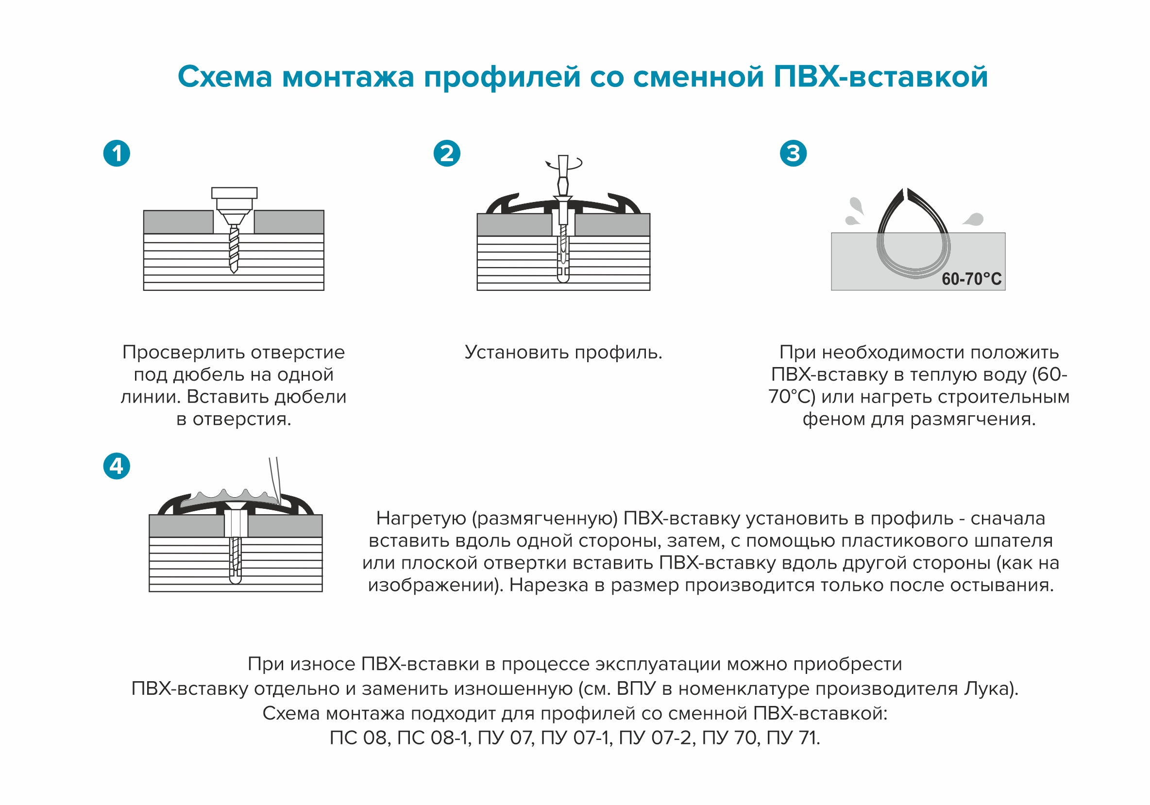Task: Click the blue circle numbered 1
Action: click(117, 153)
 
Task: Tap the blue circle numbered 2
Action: click(447, 153)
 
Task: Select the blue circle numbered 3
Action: click(794, 153)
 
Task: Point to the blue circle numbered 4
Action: click(117, 466)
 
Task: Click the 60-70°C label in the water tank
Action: click(971, 279)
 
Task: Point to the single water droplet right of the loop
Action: click(974, 219)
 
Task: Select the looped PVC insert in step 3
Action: click(913, 235)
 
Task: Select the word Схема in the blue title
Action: click(225, 77)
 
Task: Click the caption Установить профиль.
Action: click(563, 352)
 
